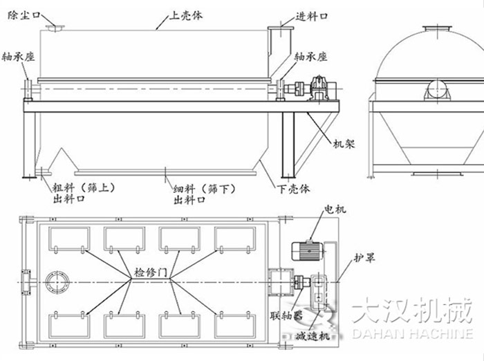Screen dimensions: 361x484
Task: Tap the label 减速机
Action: [312, 335]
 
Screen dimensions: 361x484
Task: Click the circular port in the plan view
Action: [55, 283]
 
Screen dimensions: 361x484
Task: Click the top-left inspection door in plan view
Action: [68, 239]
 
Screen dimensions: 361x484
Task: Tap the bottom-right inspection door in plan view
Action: [235, 326]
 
